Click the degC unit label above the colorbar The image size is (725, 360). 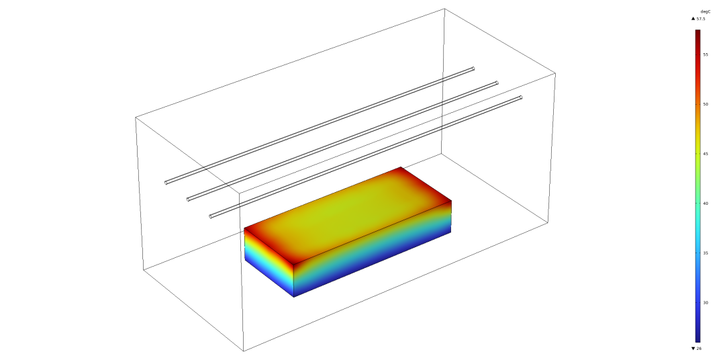[x=706, y=11]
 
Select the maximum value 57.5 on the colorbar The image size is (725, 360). [x=701, y=19]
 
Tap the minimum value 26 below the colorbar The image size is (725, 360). [x=699, y=349]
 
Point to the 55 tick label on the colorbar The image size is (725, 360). [x=706, y=54]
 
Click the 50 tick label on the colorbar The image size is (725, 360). [x=706, y=104]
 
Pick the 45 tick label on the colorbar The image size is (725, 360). [x=706, y=154]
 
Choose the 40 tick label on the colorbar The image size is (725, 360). [x=706, y=203]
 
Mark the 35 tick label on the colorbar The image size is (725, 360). [x=706, y=253]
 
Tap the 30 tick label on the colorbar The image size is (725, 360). [x=706, y=303]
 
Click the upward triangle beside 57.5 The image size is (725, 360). [x=693, y=19]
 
